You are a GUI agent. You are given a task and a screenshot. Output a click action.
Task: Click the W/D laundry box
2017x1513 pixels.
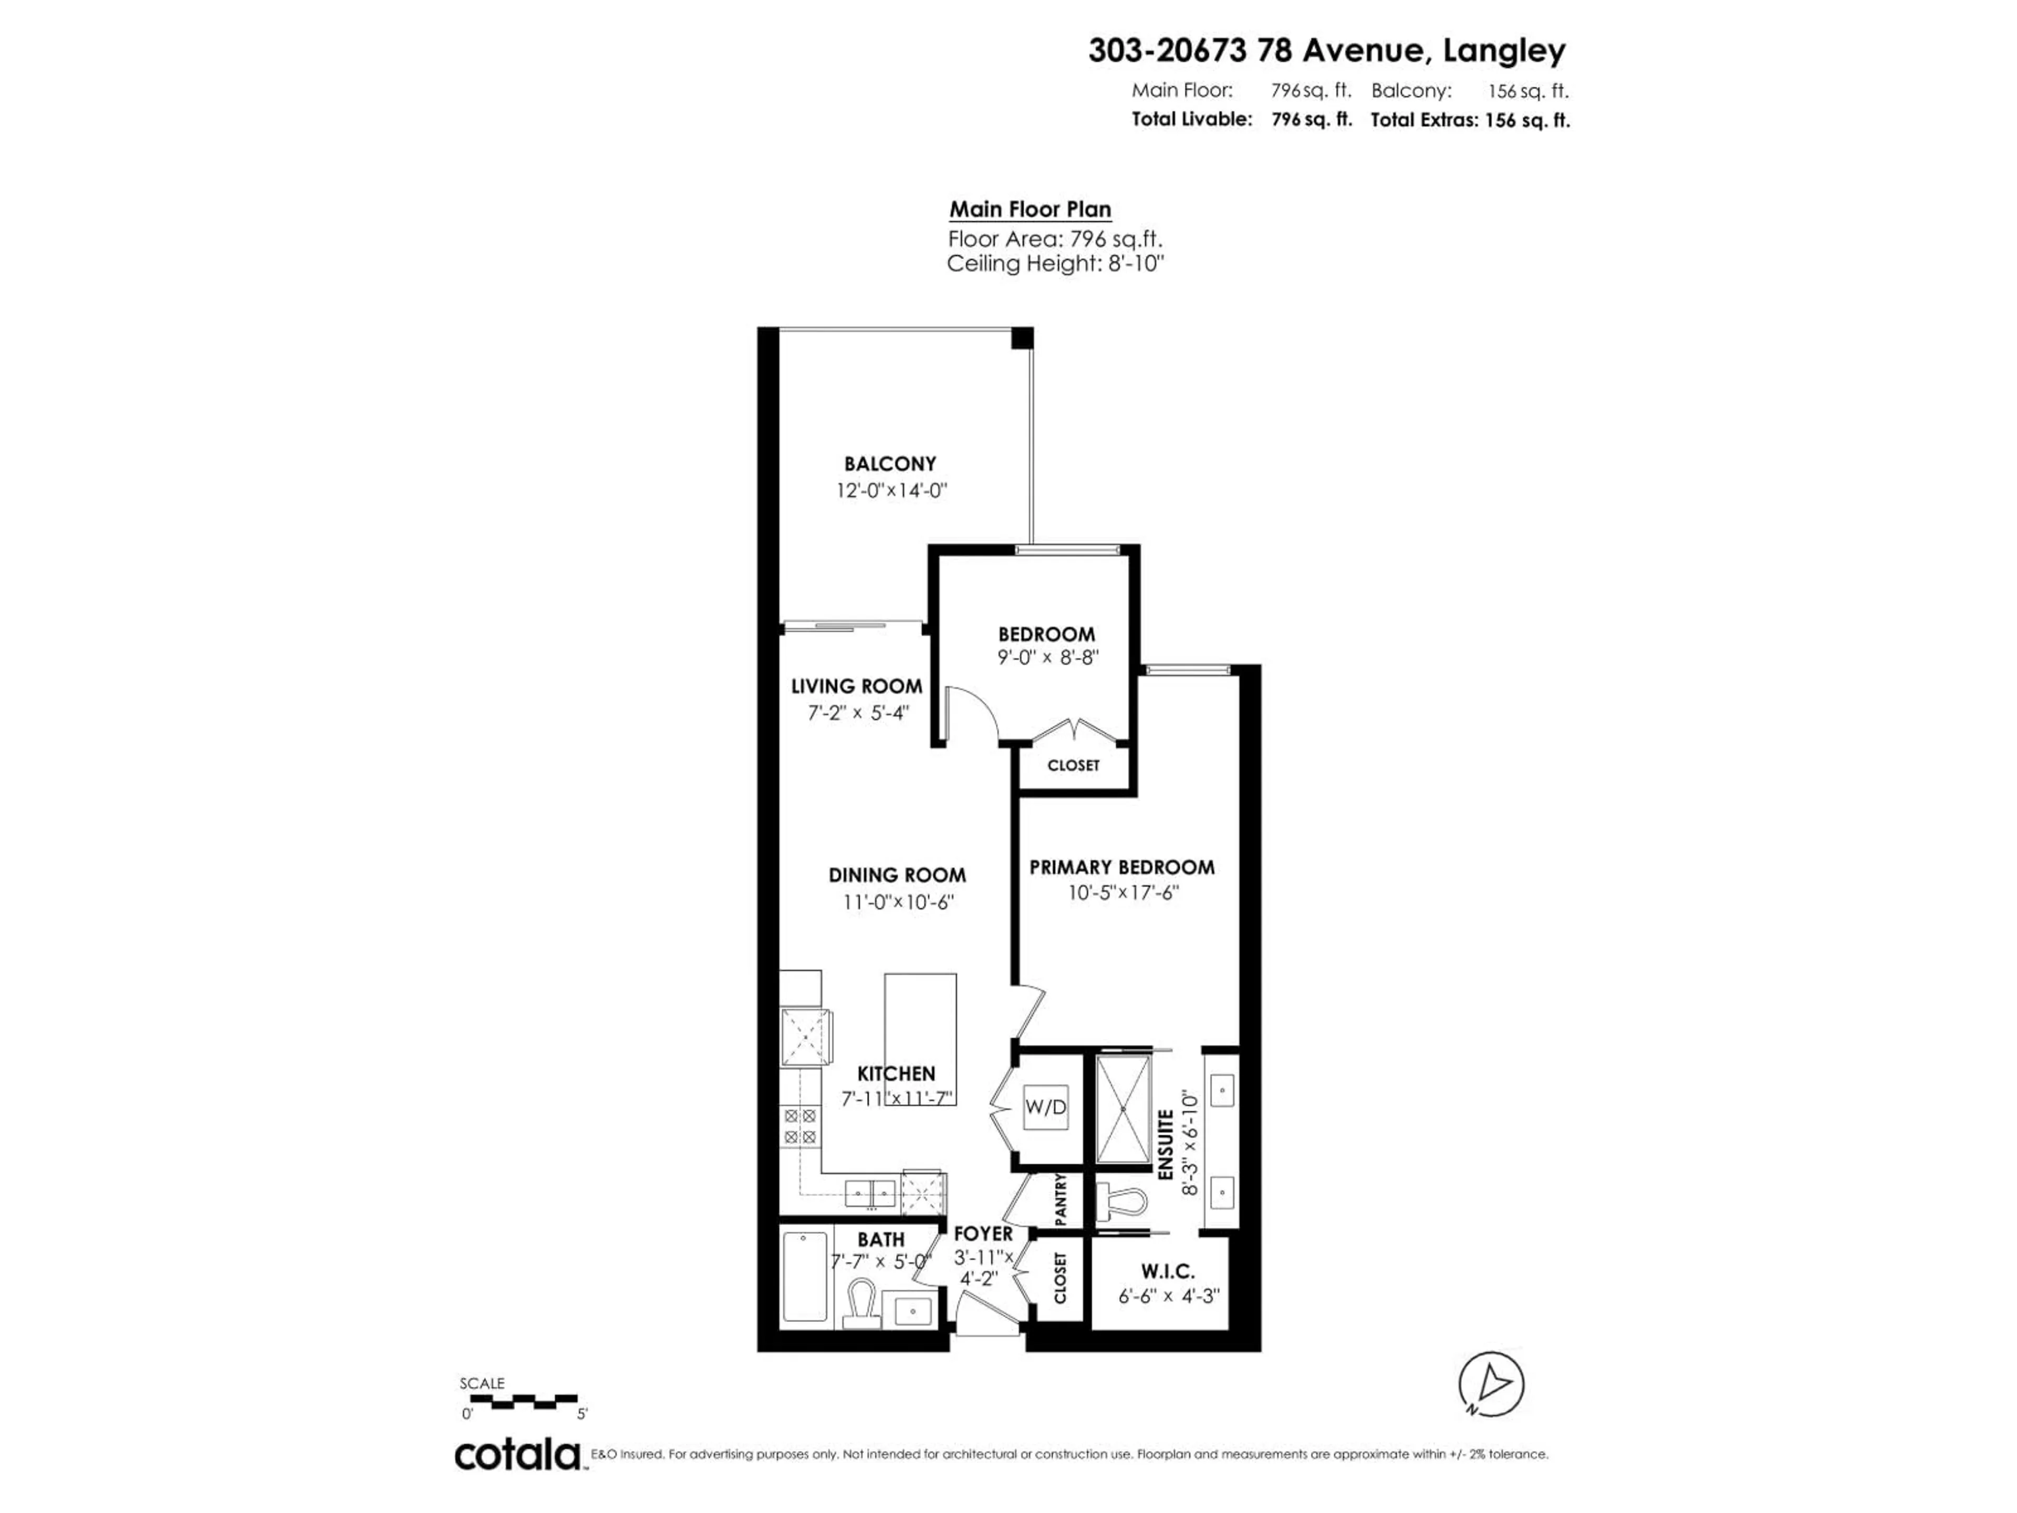tap(1045, 1107)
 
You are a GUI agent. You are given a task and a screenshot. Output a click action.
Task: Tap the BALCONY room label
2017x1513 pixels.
tap(890, 463)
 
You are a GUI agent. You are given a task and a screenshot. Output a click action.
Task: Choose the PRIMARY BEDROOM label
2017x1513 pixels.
tap(1121, 867)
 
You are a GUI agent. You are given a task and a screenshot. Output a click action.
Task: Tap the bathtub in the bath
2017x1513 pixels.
tap(805, 1276)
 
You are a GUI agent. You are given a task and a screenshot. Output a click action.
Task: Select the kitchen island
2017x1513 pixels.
tap(920, 1039)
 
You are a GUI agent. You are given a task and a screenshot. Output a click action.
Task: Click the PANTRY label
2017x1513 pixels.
tap(1061, 1199)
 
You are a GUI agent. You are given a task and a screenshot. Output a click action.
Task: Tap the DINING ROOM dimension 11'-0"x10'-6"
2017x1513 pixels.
tap(898, 902)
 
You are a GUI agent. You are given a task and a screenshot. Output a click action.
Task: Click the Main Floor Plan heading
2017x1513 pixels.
tap(1031, 209)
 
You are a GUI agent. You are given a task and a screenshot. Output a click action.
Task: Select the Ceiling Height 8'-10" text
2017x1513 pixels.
tap(1056, 264)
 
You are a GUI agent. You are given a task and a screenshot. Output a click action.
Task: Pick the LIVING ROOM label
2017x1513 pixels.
tap(856, 686)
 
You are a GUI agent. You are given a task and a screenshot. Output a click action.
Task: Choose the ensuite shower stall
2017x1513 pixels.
tap(1122, 1109)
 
